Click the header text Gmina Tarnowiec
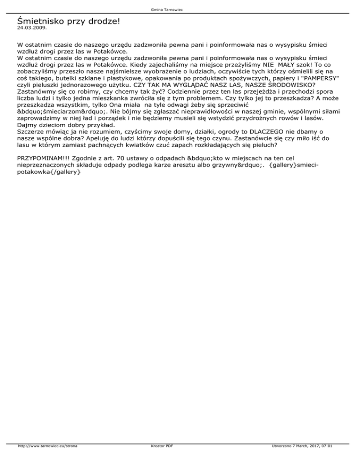point(180,9)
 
